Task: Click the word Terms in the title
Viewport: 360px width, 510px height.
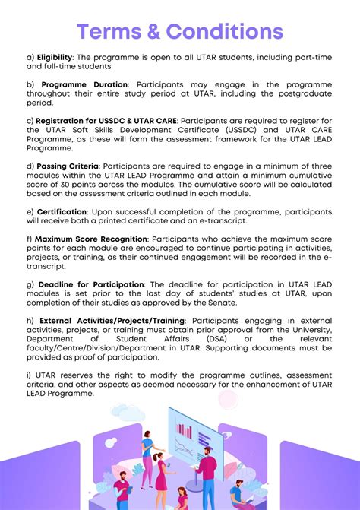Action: [112, 33]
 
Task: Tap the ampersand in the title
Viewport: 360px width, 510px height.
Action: [163, 33]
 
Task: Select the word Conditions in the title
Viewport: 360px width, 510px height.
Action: [229, 33]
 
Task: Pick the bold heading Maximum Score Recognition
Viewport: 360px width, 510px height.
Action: [92, 238]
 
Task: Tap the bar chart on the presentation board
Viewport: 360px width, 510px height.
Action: [184, 436]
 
